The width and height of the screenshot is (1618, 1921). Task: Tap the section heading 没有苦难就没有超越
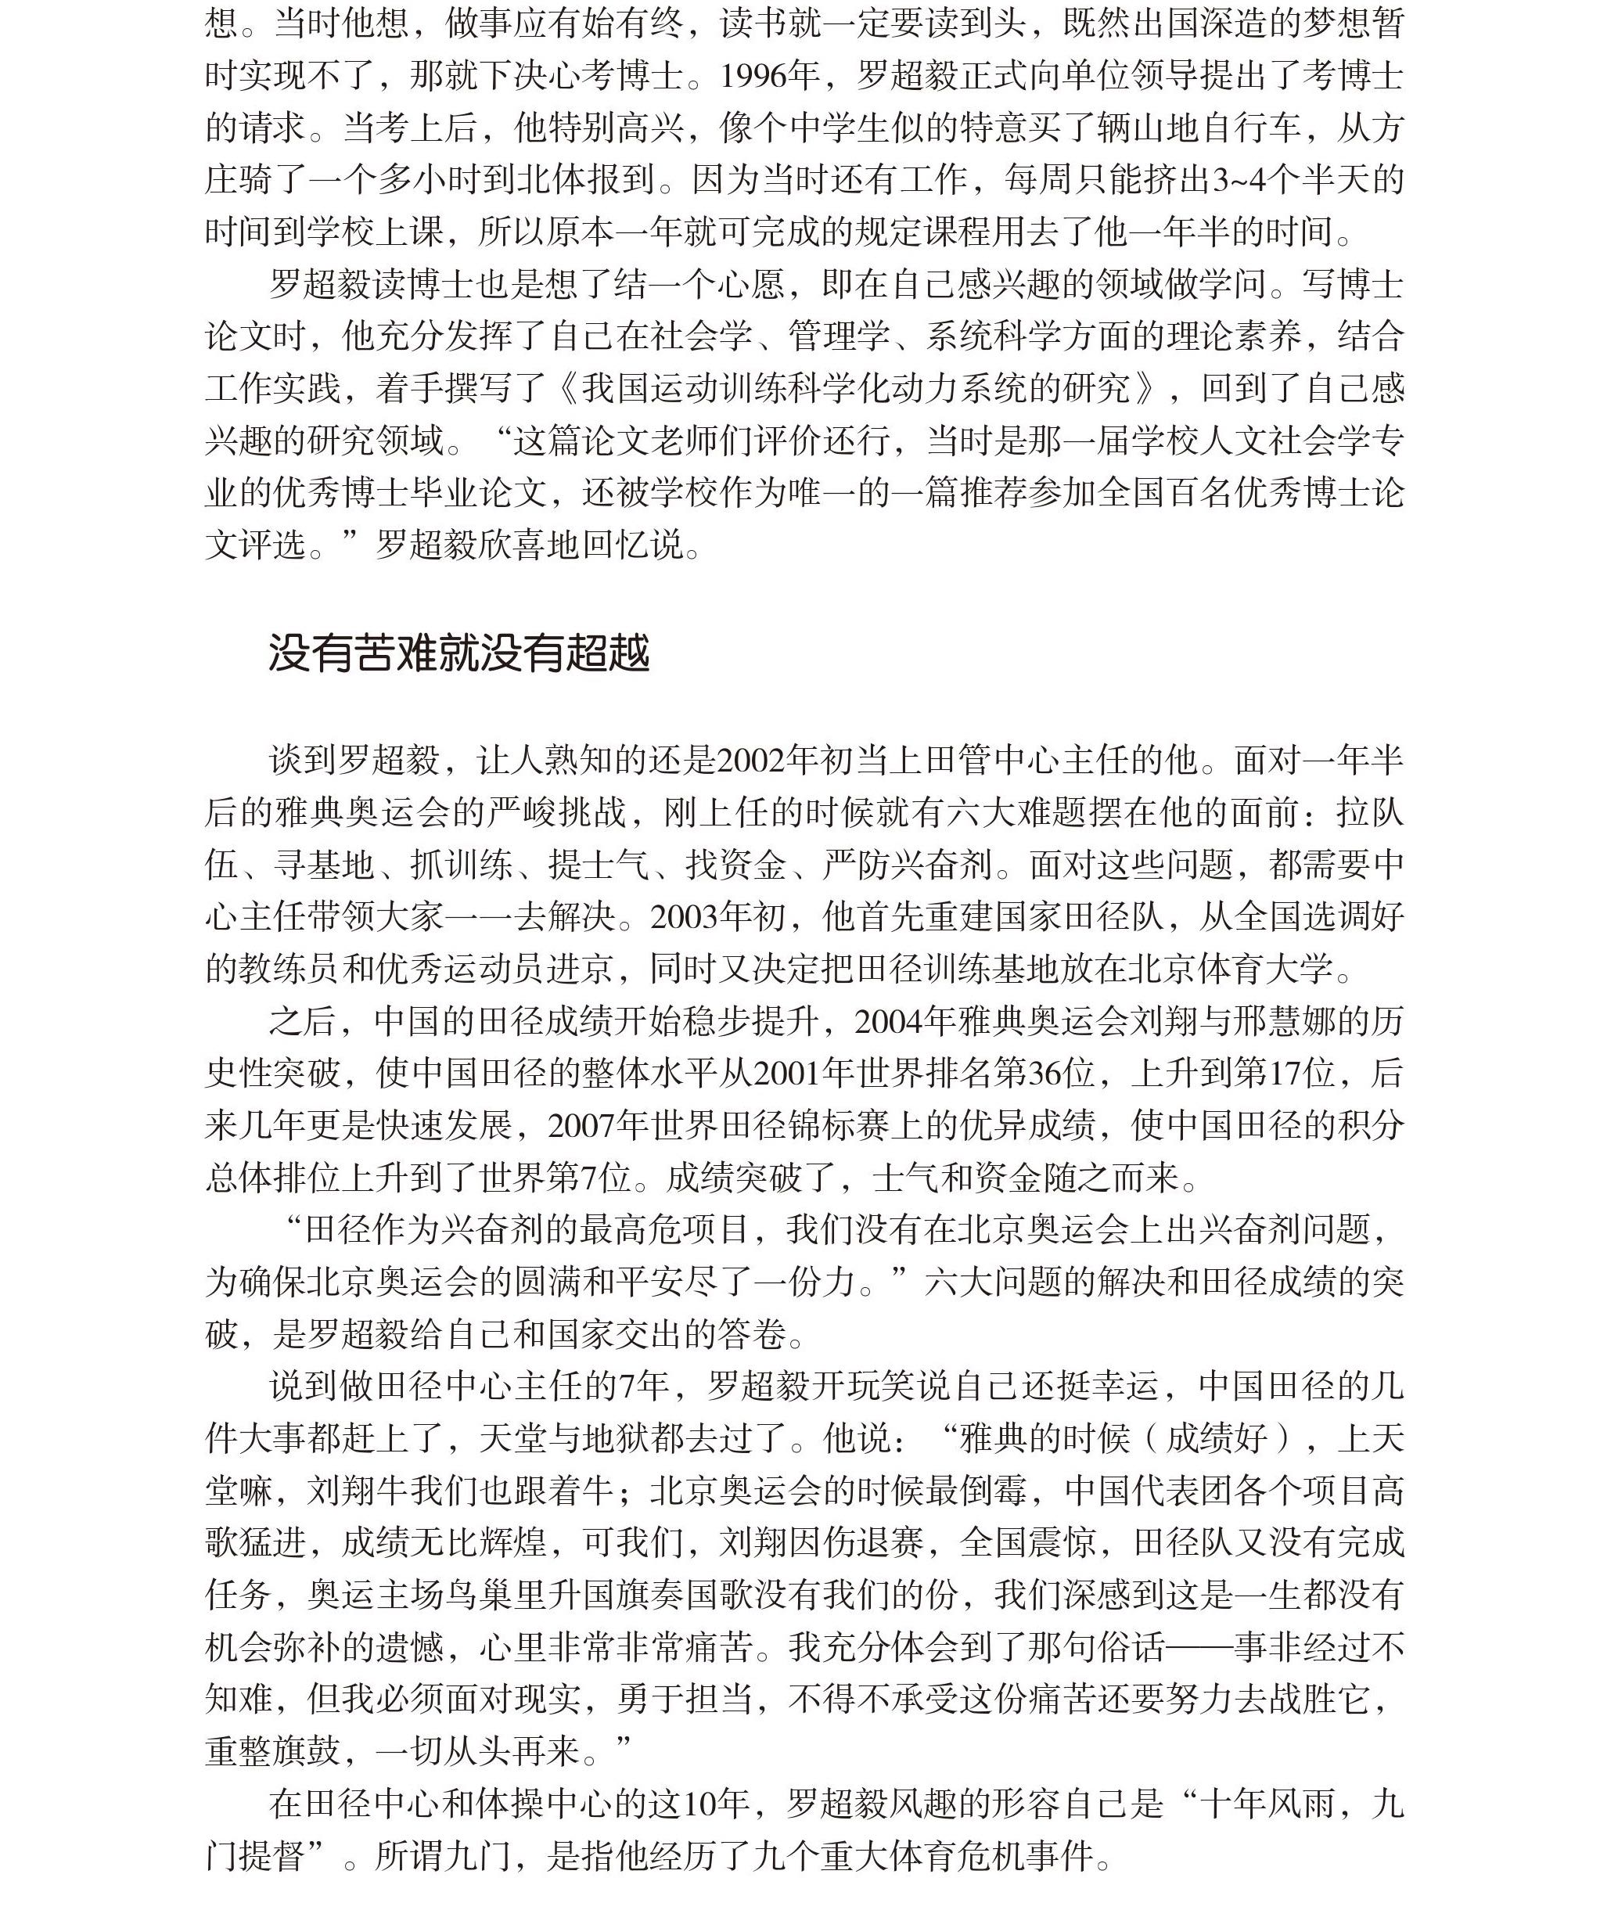[458, 654]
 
